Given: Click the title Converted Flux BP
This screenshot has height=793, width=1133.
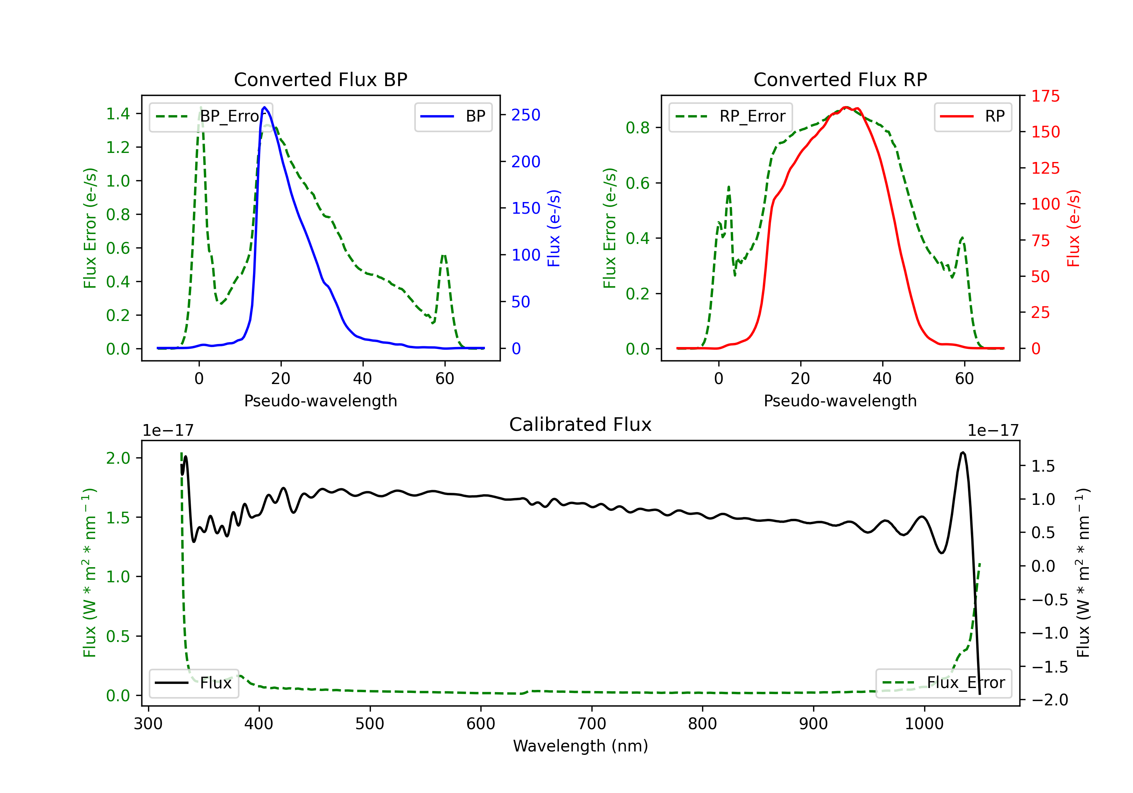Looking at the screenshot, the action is pyautogui.click(x=320, y=79).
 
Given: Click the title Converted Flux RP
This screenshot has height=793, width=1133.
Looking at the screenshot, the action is pyautogui.click(x=840, y=79).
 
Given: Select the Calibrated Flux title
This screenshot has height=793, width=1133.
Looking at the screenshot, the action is pyautogui.click(x=580, y=424).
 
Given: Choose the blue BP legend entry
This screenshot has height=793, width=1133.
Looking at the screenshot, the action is pyautogui.click(x=453, y=116).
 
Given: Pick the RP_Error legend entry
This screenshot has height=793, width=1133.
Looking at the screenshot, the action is pyautogui.click(x=730, y=116).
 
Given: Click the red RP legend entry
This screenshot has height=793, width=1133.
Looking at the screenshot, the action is pyautogui.click(x=972, y=116).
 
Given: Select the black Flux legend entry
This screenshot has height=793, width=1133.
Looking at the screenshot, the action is pyautogui.click(x=193, y=683).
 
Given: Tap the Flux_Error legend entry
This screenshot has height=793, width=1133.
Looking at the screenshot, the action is pyautogui.click(x=943, y=683).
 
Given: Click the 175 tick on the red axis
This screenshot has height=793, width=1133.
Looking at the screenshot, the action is pyautogui.click(x=1045, y=96).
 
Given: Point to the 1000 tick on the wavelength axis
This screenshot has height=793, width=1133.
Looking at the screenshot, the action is pyautogui.click(x=924, y=724).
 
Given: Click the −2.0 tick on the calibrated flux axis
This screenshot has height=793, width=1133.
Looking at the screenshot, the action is pyautogui.click(x=1050, y=700).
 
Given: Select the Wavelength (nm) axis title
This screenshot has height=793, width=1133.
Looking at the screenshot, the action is pyautogui.click(x=580, y=746).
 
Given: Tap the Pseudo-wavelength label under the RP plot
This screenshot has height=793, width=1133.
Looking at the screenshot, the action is pyautogui.click(x=840, y=401).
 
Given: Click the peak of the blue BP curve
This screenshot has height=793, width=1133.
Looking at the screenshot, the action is pyautogui.click(x=264, y=107).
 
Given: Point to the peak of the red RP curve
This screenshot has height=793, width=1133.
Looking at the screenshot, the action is pyautogui.click(x=846, y=107).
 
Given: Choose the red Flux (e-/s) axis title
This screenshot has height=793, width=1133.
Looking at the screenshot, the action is pyautogui.click(x=1073, y=228).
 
